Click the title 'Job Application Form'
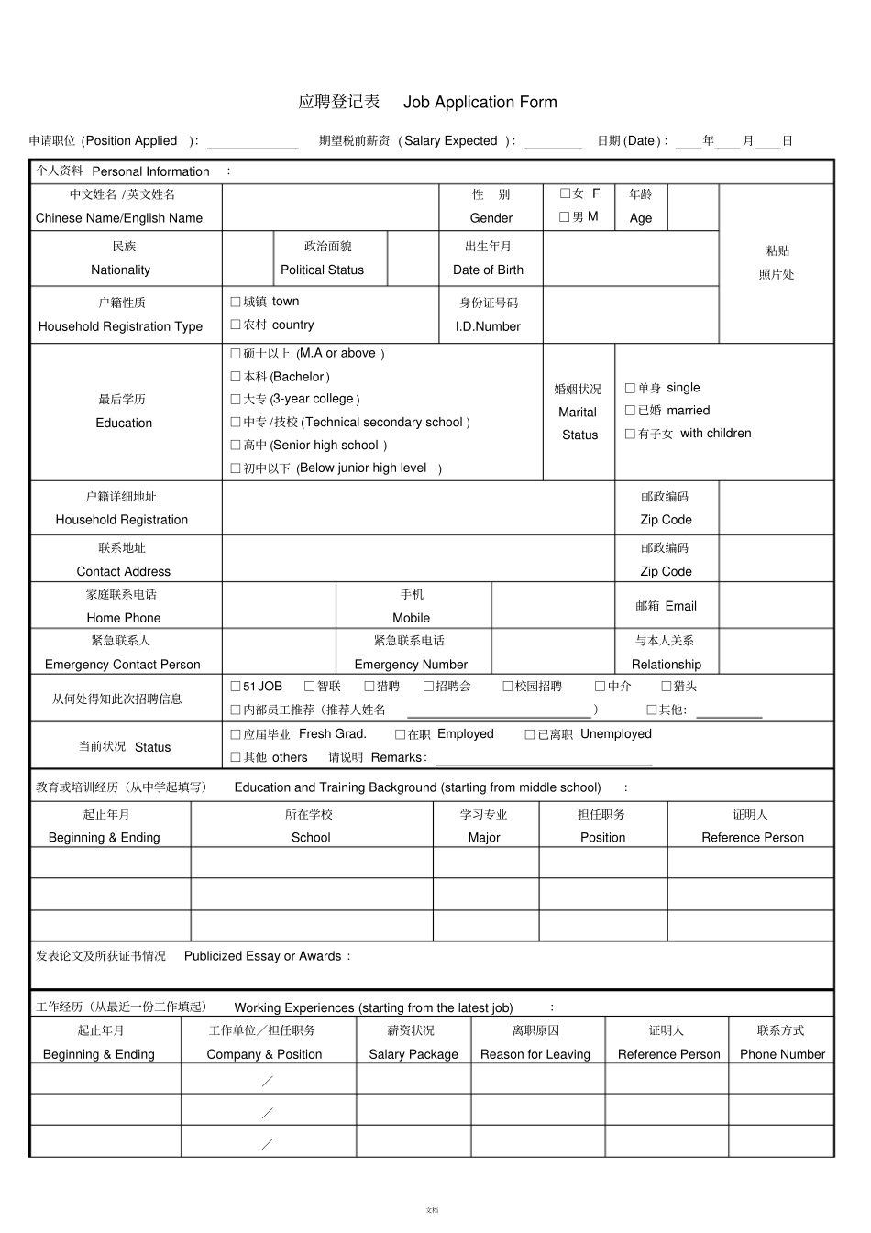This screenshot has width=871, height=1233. click(480, 102)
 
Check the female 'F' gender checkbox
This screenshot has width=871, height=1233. click(565, 193)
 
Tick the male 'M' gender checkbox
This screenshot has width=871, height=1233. click(565, 217)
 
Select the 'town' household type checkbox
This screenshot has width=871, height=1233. click(236, 302)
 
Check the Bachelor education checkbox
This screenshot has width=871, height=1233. click(236, 377)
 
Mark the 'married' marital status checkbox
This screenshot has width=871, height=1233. click(630, 411)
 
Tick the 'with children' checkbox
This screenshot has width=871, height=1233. click(630, 434)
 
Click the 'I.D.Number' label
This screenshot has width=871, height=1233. click(488, 326)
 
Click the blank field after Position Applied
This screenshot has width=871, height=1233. click(252, 143)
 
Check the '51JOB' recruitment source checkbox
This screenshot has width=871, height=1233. click(236, 686)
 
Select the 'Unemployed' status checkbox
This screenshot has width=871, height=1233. click(530, 734)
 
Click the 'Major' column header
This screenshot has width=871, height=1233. click(483, 837)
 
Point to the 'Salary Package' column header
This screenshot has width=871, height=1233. click(413, 1054)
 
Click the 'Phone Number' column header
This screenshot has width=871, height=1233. click(782, 1054)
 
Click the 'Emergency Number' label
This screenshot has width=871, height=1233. click(411, 665)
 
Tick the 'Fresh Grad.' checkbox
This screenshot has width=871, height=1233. click(236, 734)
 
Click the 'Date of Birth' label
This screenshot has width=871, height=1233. click(488, 270)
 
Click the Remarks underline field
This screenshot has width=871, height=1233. click(544, 759)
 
